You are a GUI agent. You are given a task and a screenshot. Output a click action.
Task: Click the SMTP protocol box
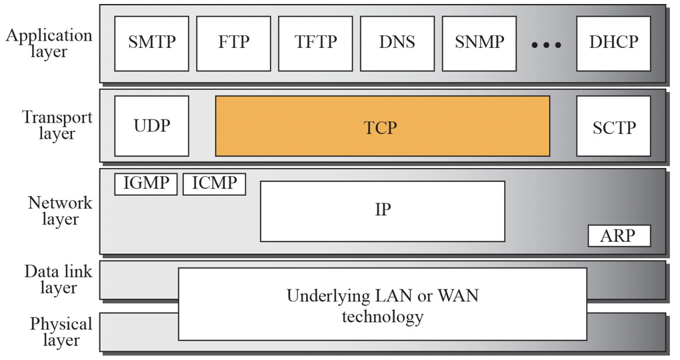[151, 43]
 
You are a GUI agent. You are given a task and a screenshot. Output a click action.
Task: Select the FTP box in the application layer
[233, 43]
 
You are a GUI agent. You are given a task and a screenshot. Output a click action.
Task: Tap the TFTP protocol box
[315, 43]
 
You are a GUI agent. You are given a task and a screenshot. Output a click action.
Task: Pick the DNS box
[397, 43]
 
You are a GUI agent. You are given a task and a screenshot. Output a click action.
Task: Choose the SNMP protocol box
[479, 43]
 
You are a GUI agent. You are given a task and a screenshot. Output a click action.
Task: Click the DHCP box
[613, 43]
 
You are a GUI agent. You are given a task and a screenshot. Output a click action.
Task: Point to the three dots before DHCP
[546, 45]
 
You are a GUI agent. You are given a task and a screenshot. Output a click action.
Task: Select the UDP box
[151, 126]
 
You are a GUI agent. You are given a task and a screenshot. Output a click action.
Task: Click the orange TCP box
[382, 126]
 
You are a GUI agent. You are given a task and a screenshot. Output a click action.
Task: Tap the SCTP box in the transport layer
[613, 126]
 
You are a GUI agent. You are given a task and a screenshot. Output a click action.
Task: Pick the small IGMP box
[145, 184]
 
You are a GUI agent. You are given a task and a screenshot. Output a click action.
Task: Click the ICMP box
[214, 184]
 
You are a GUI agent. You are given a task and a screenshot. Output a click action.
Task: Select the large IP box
[382, 211]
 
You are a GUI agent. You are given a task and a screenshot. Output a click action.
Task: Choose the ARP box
[619, 236]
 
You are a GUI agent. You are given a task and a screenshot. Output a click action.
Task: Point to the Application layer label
[49, 43]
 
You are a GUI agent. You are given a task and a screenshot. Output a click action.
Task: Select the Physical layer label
[61, 332]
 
